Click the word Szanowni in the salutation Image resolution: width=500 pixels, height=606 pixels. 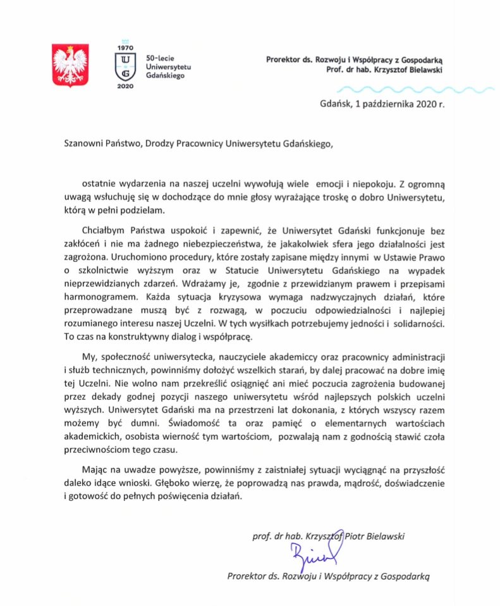87,144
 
